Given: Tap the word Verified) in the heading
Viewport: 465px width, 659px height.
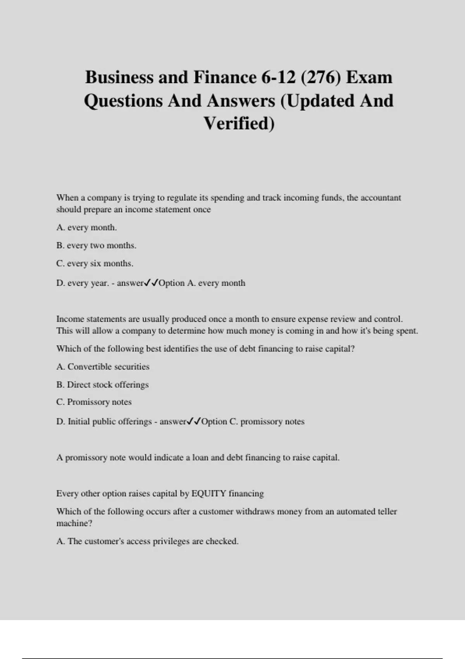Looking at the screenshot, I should click(239, 124).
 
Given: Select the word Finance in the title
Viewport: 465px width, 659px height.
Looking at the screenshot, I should click(225, 77).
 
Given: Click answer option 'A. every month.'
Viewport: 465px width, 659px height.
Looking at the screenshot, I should click(86, 228).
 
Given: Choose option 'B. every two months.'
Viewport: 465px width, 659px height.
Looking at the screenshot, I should click(96, 245).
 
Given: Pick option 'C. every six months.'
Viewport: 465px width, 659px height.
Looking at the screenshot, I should click(95, 264).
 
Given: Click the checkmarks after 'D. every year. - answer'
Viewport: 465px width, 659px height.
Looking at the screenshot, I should click(151, 283).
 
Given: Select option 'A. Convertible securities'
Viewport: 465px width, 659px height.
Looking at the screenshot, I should click(103, 367).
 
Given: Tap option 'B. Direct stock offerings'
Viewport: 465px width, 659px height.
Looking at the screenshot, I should click(102, 385).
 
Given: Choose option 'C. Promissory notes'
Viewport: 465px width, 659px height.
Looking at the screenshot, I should click(94, 402).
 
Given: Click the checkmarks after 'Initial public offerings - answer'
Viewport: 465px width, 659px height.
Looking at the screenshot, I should click(194, 421).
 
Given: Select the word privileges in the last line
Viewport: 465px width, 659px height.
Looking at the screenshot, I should click(171, 541).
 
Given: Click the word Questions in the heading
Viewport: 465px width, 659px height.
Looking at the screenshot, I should click(123, 101).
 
